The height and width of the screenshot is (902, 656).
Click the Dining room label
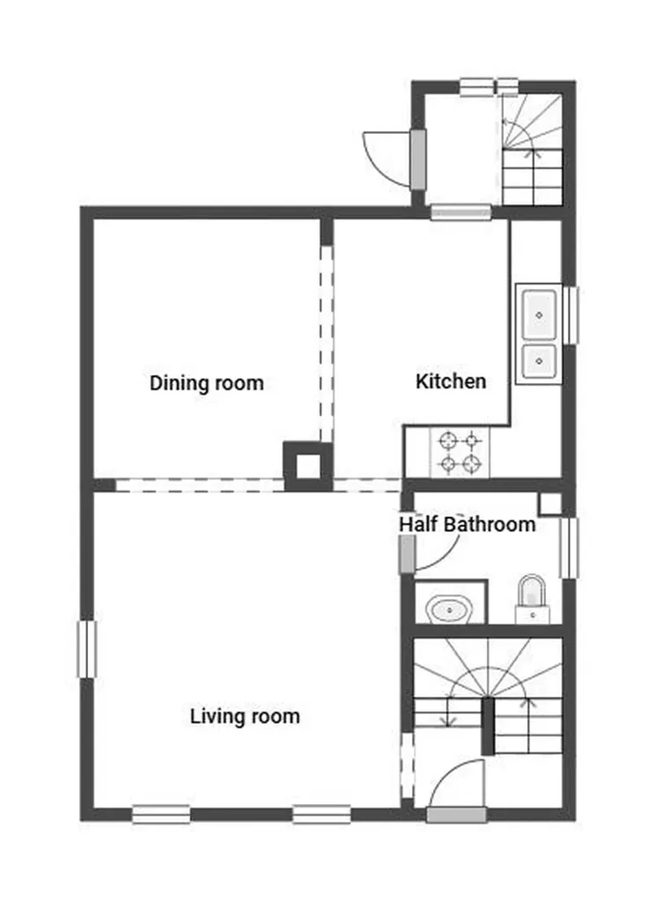pos(206,383)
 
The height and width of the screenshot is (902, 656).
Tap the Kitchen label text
pos(450,381)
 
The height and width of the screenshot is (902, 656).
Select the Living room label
pos(245,716)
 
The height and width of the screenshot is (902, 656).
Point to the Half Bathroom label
pos(467,525)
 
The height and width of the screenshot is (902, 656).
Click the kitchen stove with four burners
pos(461,451)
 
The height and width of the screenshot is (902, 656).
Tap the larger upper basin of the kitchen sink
pos(537,313)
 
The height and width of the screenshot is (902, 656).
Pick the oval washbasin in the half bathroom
pos(449,608)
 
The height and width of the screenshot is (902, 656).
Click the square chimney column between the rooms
pos(307,465)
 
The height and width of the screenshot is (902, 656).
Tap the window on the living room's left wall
pos(85,649)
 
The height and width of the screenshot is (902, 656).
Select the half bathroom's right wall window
pos(570,548)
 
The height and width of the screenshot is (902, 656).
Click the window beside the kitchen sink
pos(570,314)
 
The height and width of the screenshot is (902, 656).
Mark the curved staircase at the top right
pos(531,150)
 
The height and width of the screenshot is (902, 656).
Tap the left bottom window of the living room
pos(161,815)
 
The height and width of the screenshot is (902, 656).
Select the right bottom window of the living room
pos(321,815)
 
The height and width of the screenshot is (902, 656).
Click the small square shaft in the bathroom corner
pos(549,503)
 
